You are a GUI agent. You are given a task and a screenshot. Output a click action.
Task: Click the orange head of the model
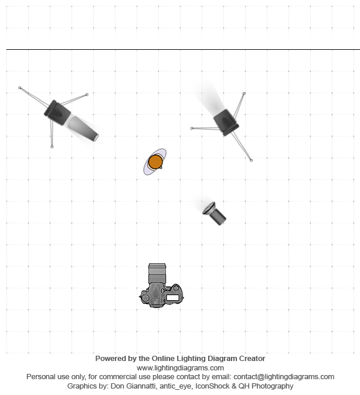click(x=155, y=162)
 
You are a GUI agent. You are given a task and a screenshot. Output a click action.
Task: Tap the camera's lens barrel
click(x=157, y=273)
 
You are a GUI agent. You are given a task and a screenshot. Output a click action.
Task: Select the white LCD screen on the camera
click(x=173, y=298)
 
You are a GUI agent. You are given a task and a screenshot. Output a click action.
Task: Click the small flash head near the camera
click(x=214, y=213)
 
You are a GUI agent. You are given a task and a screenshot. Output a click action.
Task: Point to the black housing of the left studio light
click(x=57, y=113)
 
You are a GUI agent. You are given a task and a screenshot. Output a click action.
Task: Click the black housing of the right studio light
click(x=226, y=122)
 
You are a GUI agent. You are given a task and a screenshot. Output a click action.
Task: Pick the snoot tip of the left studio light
click(x=96, y=138)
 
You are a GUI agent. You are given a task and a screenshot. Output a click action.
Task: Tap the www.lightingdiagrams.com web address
click(x=180, y=368)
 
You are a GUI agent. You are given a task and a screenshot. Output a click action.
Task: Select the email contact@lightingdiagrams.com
click(x=284, y=377)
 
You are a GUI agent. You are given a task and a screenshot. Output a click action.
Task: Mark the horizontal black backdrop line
click(x=184, y=50)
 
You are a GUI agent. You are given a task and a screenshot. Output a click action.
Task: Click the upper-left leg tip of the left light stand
click(x=20, y=88)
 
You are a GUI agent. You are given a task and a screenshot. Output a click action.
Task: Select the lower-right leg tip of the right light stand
click(x=252, y=160)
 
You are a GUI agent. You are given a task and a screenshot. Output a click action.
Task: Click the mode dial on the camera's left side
click(x=145, y=298)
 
